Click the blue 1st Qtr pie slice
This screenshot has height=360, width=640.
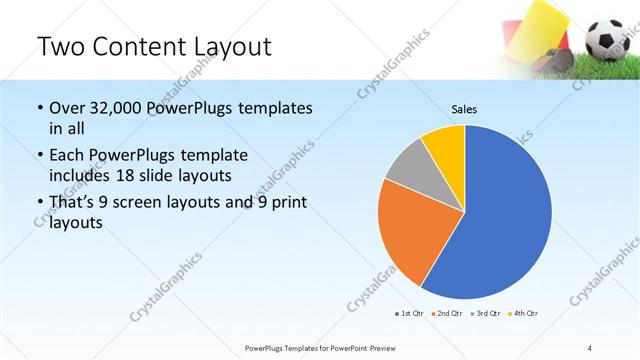tap(505, 220)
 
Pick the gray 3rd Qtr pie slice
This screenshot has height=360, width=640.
tap(409, 169)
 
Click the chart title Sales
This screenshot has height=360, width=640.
tap(465, 109)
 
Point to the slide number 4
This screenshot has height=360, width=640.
tap(589, 347)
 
